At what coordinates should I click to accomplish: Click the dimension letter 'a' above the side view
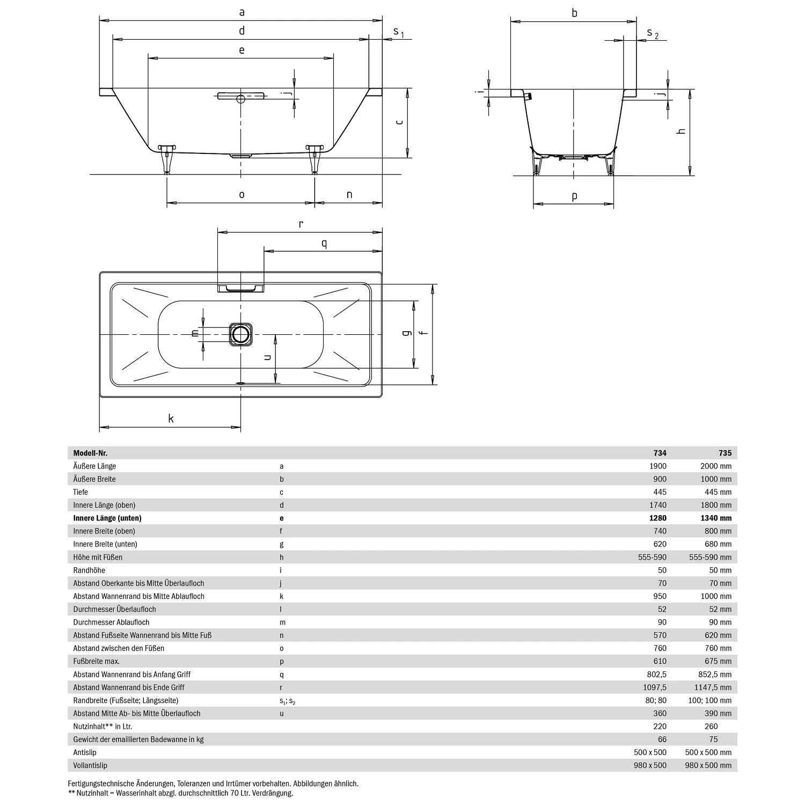(241, 12)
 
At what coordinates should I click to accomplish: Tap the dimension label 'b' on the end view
(574, 13)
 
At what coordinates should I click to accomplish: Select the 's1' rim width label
(398, 32)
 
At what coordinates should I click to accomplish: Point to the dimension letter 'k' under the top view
(171, 419)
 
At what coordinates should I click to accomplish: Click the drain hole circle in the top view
(240, 334)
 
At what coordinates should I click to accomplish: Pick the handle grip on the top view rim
(240, 289)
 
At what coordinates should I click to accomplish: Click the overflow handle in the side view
(240, 97)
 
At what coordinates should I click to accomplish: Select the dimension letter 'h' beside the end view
(682, 131)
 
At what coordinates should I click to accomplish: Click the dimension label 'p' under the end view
(574, 196)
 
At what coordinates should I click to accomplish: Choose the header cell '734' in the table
(660, 453)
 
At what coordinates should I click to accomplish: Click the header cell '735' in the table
(724, 453)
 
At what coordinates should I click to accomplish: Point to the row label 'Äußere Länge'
(94, 466)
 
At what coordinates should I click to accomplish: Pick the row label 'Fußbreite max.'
(97, 661)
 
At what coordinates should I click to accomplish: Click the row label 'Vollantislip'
(90, 765)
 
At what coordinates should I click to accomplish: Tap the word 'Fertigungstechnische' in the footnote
(102, 784)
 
